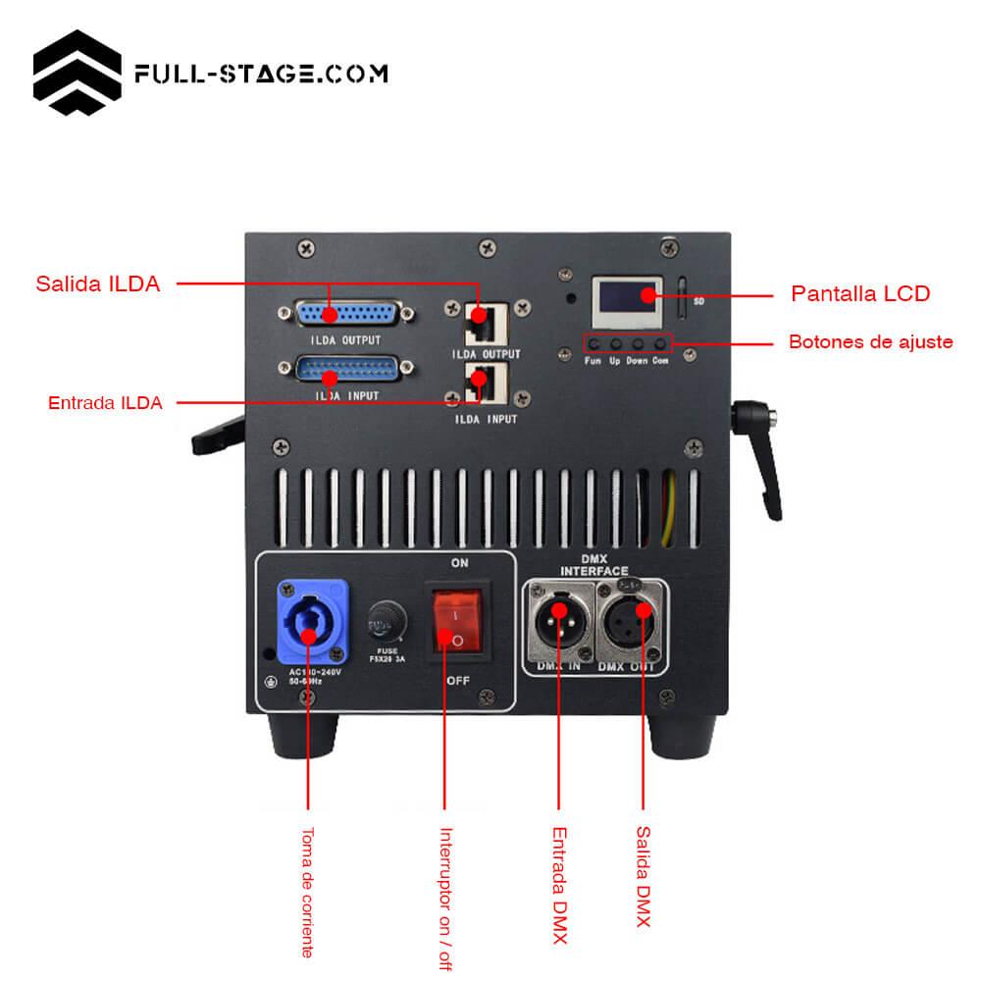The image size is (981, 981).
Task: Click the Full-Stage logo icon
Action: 77,74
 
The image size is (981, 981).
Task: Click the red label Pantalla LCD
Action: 859,293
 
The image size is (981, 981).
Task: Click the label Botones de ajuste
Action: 870,342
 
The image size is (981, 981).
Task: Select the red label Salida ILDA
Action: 97,284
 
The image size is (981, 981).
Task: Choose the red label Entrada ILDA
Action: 105,402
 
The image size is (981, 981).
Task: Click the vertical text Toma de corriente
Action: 307,892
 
